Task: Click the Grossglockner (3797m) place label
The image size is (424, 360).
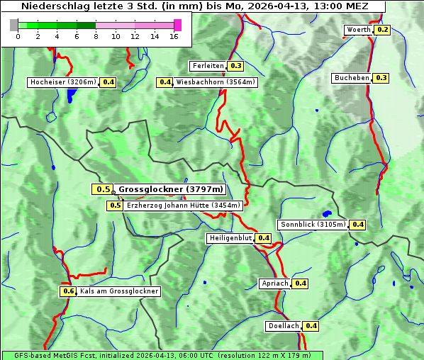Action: (x=170, y=189)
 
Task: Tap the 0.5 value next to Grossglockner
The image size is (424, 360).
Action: (x=104, y=189)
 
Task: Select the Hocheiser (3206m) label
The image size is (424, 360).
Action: (x=63, y=82)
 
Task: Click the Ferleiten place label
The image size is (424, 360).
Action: (x=208, y=66)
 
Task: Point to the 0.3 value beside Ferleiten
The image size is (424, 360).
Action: (x=236, y=66)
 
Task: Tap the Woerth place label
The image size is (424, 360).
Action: (x=358, y=30)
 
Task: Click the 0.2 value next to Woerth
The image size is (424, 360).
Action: (x=383, y=30)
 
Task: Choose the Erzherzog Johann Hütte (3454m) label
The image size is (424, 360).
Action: (x=184, y=206)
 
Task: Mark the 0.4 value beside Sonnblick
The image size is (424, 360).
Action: (x=358, y=225)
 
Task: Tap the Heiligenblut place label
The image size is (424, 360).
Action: (x=230, y=238)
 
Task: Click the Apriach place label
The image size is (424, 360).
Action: (x=275, y=283)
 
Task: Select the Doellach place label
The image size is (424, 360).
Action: (x=284, y=326)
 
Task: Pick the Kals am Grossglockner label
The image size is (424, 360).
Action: (x=119, y=291)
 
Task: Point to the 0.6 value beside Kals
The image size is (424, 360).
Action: (x=68, y=291)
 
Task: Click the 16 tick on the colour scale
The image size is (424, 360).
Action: (x=174, y=36)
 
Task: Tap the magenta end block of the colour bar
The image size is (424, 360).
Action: (x=177, y=25)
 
